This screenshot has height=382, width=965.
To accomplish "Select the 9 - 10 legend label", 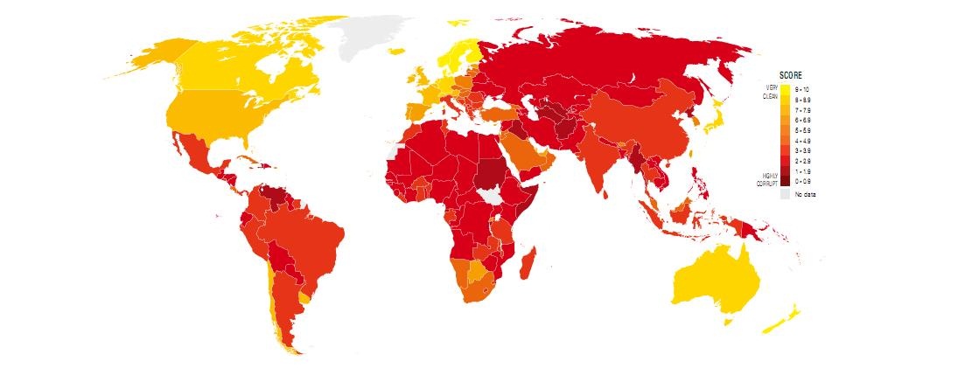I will click(801, 88).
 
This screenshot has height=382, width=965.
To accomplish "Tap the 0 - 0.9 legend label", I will click(801, 181).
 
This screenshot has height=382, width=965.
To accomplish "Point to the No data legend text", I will click(804, 194).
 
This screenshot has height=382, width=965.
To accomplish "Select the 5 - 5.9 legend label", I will click(801, 129).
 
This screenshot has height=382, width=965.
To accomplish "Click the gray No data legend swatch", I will click(785, 194).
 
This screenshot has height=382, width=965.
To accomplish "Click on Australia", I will click(713, 280).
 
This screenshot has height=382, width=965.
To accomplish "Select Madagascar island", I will click(528, 262).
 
